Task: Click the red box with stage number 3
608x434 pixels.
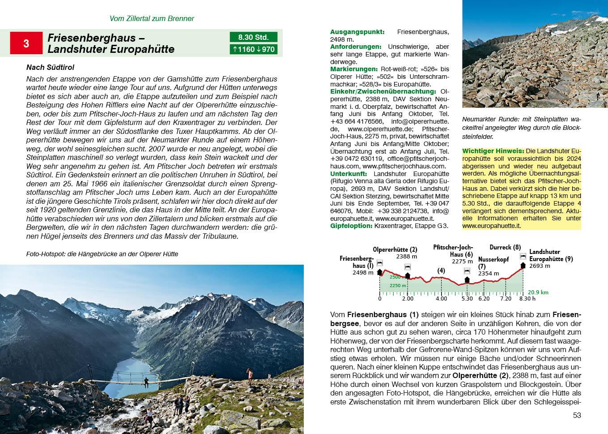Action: (26, 43)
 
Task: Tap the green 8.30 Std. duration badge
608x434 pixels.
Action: (253, 37)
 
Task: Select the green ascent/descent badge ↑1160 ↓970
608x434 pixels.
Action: (253, 49)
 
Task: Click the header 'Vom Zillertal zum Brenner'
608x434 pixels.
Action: (152, 18)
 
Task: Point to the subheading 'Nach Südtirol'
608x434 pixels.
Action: (50, 67)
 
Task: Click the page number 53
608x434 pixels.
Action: (577, 415)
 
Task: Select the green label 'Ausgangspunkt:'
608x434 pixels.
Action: (357, 32)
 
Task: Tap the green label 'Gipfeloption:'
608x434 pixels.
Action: (351, 226)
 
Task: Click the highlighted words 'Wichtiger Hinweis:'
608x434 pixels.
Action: (493, 151)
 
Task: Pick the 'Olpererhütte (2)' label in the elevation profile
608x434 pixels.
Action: (395, 249)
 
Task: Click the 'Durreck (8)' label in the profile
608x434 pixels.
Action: (505, 247)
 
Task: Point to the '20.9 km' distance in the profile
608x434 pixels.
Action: (538, 292)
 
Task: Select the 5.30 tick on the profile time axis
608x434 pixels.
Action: (467, 298)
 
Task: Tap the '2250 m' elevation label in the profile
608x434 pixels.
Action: (397, 285)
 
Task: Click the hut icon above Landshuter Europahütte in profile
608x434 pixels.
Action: (523, 256)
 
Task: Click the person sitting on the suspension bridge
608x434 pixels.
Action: (146, 382)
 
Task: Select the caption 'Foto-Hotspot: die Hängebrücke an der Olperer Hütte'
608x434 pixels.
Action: (102, 254)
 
